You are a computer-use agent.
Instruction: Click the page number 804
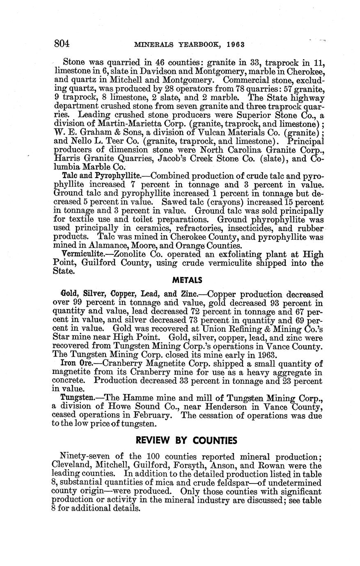pyautogui.click(x=62, y=44)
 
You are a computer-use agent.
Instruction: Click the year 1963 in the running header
pyautogui.click(x=235, y=44)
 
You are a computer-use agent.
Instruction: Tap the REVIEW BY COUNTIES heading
pyautogui.click(x=186, y=440)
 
